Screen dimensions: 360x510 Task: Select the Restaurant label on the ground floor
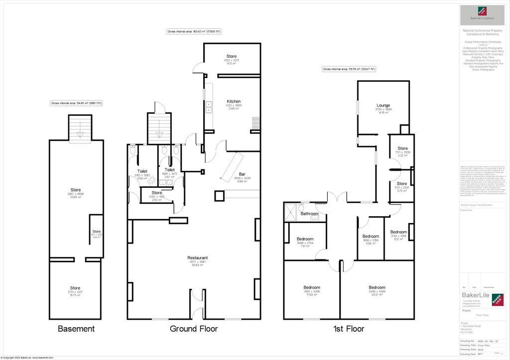197,258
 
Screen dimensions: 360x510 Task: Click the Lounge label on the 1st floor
383,106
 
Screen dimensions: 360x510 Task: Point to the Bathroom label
309,214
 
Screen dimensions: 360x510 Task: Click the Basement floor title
76,329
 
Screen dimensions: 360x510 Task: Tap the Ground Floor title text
193,329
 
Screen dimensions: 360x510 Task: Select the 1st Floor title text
348,329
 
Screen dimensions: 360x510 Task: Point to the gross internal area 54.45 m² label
76,103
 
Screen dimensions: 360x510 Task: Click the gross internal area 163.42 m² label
194,31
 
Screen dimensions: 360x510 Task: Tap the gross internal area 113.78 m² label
349,69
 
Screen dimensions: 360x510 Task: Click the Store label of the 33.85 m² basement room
76,190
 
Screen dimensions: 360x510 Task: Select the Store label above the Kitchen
231,56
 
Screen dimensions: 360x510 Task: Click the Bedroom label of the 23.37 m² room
377,287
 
